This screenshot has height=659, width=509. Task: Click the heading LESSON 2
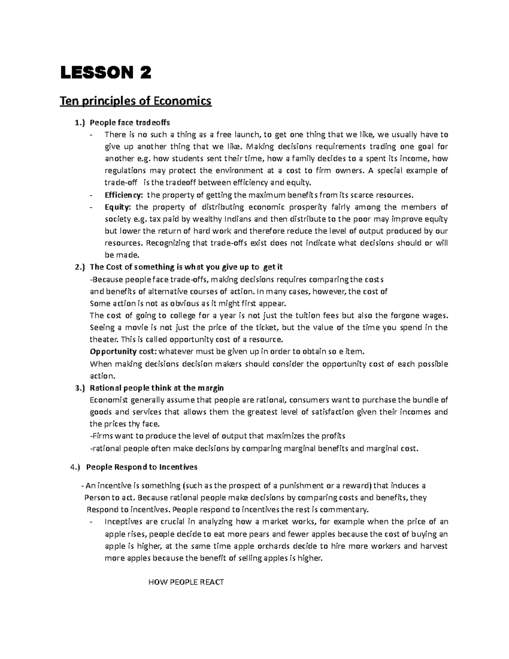click(105, 73)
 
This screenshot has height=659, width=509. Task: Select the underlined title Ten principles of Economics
click(136, 101)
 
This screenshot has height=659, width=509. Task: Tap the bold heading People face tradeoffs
click(130, 123)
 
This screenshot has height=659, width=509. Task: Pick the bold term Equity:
click(118, 207)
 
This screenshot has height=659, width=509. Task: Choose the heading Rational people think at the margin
click(157, 388)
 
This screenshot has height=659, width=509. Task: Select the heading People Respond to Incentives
click(142, 467)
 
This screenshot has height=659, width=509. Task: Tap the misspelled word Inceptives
click(123, 522)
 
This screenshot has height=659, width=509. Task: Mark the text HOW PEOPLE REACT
click(186, 582)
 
